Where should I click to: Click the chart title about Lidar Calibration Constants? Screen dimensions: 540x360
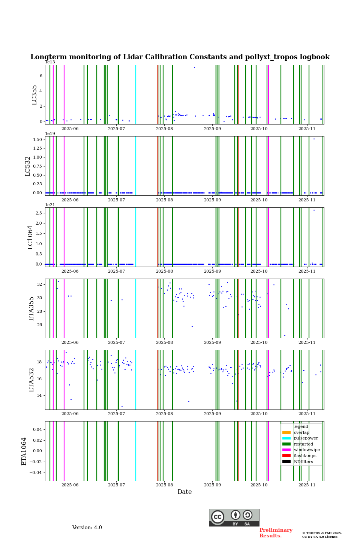180,57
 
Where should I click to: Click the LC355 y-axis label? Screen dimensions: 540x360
34,95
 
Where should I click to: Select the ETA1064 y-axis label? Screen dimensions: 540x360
24,451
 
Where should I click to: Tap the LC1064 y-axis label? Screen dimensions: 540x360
30,237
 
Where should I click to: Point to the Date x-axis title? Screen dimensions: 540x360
184,492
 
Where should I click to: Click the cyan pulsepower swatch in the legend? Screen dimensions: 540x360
286,438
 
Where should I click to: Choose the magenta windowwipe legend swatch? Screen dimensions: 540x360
286,450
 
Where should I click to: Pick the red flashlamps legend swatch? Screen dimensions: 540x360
286,456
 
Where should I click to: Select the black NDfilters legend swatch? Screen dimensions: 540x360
286,462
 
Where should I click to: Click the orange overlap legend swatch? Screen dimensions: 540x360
286,432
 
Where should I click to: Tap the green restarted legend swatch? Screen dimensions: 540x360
286,444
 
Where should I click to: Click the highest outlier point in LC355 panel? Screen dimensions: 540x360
194,67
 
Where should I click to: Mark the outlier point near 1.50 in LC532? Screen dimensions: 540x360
314,139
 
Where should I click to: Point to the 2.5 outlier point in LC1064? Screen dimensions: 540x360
314,210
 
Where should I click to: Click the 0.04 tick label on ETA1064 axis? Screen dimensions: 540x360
37,429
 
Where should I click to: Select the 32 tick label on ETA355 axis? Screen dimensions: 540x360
39,285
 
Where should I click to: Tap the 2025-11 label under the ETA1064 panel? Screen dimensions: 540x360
307,486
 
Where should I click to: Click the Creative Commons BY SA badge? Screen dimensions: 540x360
234,517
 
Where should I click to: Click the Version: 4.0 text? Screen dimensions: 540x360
87,528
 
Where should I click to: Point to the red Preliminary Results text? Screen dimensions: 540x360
276,533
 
